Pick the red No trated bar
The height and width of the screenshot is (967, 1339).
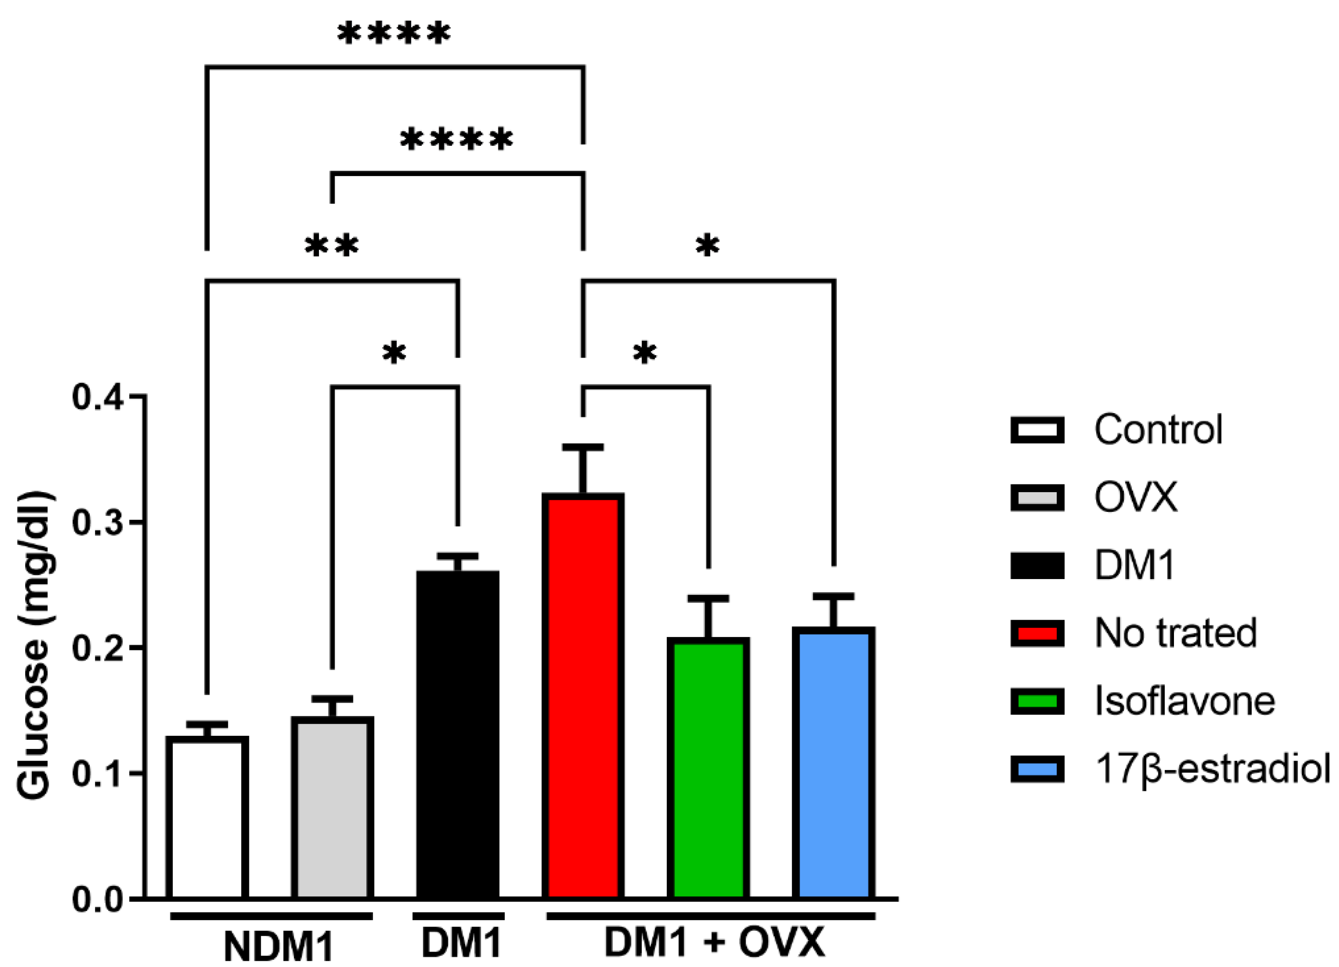[x=583, y=697]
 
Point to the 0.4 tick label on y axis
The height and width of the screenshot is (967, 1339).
[x=97, y=397]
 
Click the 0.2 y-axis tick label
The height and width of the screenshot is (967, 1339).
[x=97, y=648]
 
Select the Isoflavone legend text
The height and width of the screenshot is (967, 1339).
[x=1184, y=701]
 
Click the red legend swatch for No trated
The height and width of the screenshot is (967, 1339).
[x=1037, y=634]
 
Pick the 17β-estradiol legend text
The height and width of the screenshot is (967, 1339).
[x=1212, y=769]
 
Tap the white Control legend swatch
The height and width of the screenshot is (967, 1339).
[x=1037, y=430]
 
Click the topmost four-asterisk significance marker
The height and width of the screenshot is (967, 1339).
[x=394, y=34]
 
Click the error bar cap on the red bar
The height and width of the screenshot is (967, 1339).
[x=583, y=447]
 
